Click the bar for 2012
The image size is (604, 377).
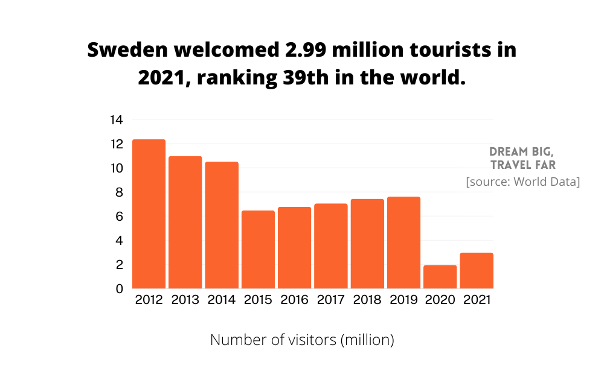(x=149, y=214)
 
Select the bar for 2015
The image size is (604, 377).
(x=258, y=250)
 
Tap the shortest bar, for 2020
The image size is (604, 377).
(x=440, y=277)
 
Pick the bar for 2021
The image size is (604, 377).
(x=476, y=271)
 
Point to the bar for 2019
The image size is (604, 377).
(x=403, y=242)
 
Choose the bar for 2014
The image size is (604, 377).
(x=222, y=225)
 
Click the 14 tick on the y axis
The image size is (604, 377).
(x=116, y=120)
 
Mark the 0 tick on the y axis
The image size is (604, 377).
(x=120, y=289)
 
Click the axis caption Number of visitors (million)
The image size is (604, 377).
(x=302, y=340)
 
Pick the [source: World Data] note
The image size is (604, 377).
(x=522, y=182)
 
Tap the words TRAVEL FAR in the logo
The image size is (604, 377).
(x=523, y=165)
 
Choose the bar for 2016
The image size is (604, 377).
(x=294, y=248)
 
